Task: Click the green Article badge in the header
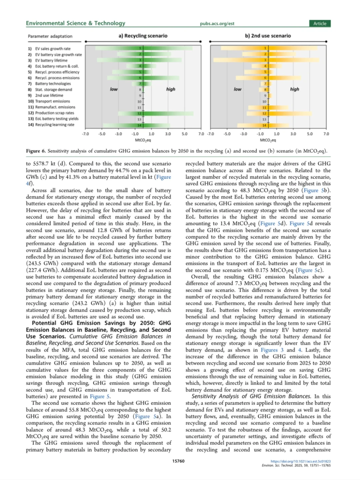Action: click(320, 23)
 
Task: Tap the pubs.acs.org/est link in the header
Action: click(217, 24)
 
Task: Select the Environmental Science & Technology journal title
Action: click(76, 23)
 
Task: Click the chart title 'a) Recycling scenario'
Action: click(143, 36)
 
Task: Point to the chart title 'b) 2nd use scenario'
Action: click(268, 36)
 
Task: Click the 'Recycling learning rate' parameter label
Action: click(55, 125)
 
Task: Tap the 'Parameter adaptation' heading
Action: click(50, 36)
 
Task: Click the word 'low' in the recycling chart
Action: click(114, 89)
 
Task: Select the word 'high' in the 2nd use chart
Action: click(294, 89)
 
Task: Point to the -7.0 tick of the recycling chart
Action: click(85, 134)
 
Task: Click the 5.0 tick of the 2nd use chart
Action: click(310, 134)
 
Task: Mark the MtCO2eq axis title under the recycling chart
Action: click(143, 140)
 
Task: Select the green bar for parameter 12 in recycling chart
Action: click(143, 113)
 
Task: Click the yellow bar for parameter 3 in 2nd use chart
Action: click(267, 60)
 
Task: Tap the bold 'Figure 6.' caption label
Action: click(36, 151)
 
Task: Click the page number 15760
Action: click(178, 461)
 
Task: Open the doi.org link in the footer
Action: click(300, 461)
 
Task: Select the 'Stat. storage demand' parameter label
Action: click(53, 90)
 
